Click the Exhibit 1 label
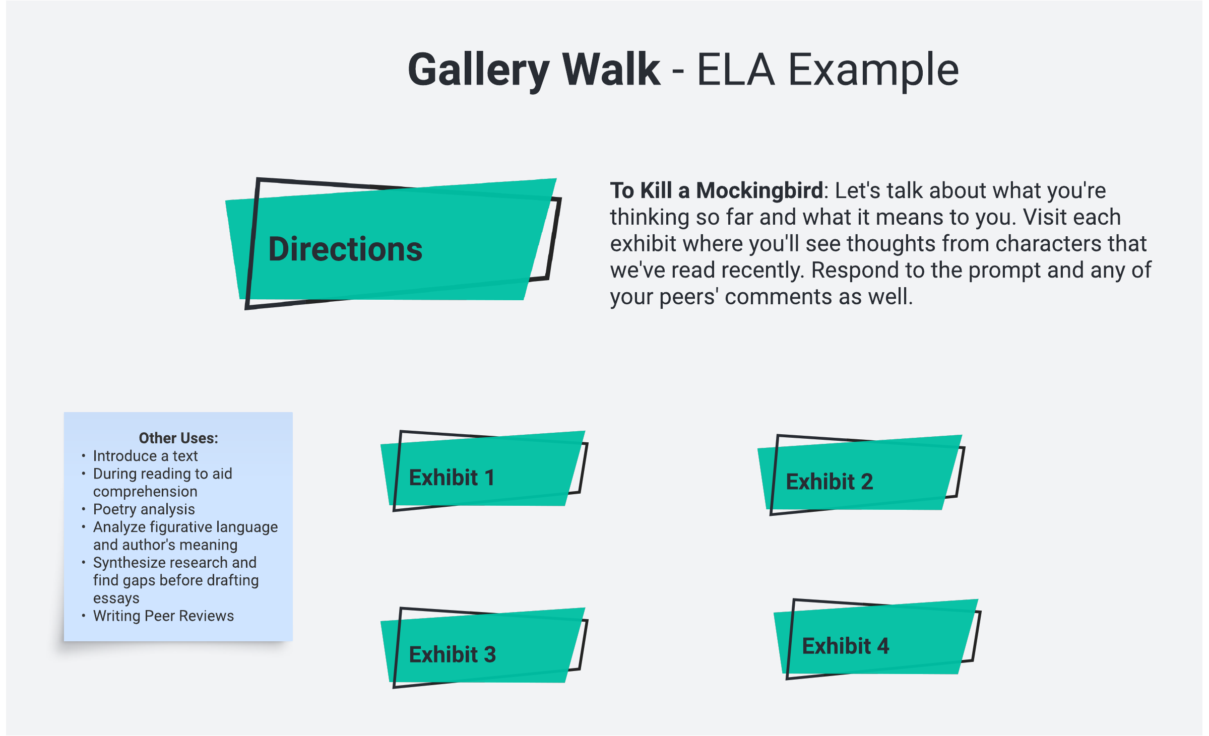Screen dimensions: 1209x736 [452, 478]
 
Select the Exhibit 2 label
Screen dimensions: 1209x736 [829, 482]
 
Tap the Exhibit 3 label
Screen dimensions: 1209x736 [452, 654]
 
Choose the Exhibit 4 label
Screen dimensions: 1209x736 [845, 646]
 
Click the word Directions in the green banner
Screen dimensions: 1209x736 [345, 249]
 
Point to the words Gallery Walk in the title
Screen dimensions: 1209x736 [534, 70]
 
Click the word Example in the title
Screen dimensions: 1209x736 [873, 70]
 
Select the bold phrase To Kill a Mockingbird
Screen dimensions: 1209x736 [716, 190]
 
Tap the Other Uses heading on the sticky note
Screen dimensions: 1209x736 [178, 438]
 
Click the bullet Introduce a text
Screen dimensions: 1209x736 [145, 456]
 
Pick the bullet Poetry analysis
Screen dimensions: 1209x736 [144, 509]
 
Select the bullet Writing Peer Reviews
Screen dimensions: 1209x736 [163, 616]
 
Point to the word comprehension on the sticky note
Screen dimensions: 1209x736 [145, 492]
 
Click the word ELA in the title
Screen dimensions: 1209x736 [736, 70]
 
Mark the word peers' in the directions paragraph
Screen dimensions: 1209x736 [689, 297]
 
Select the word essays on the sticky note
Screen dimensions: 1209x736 [116, 598]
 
